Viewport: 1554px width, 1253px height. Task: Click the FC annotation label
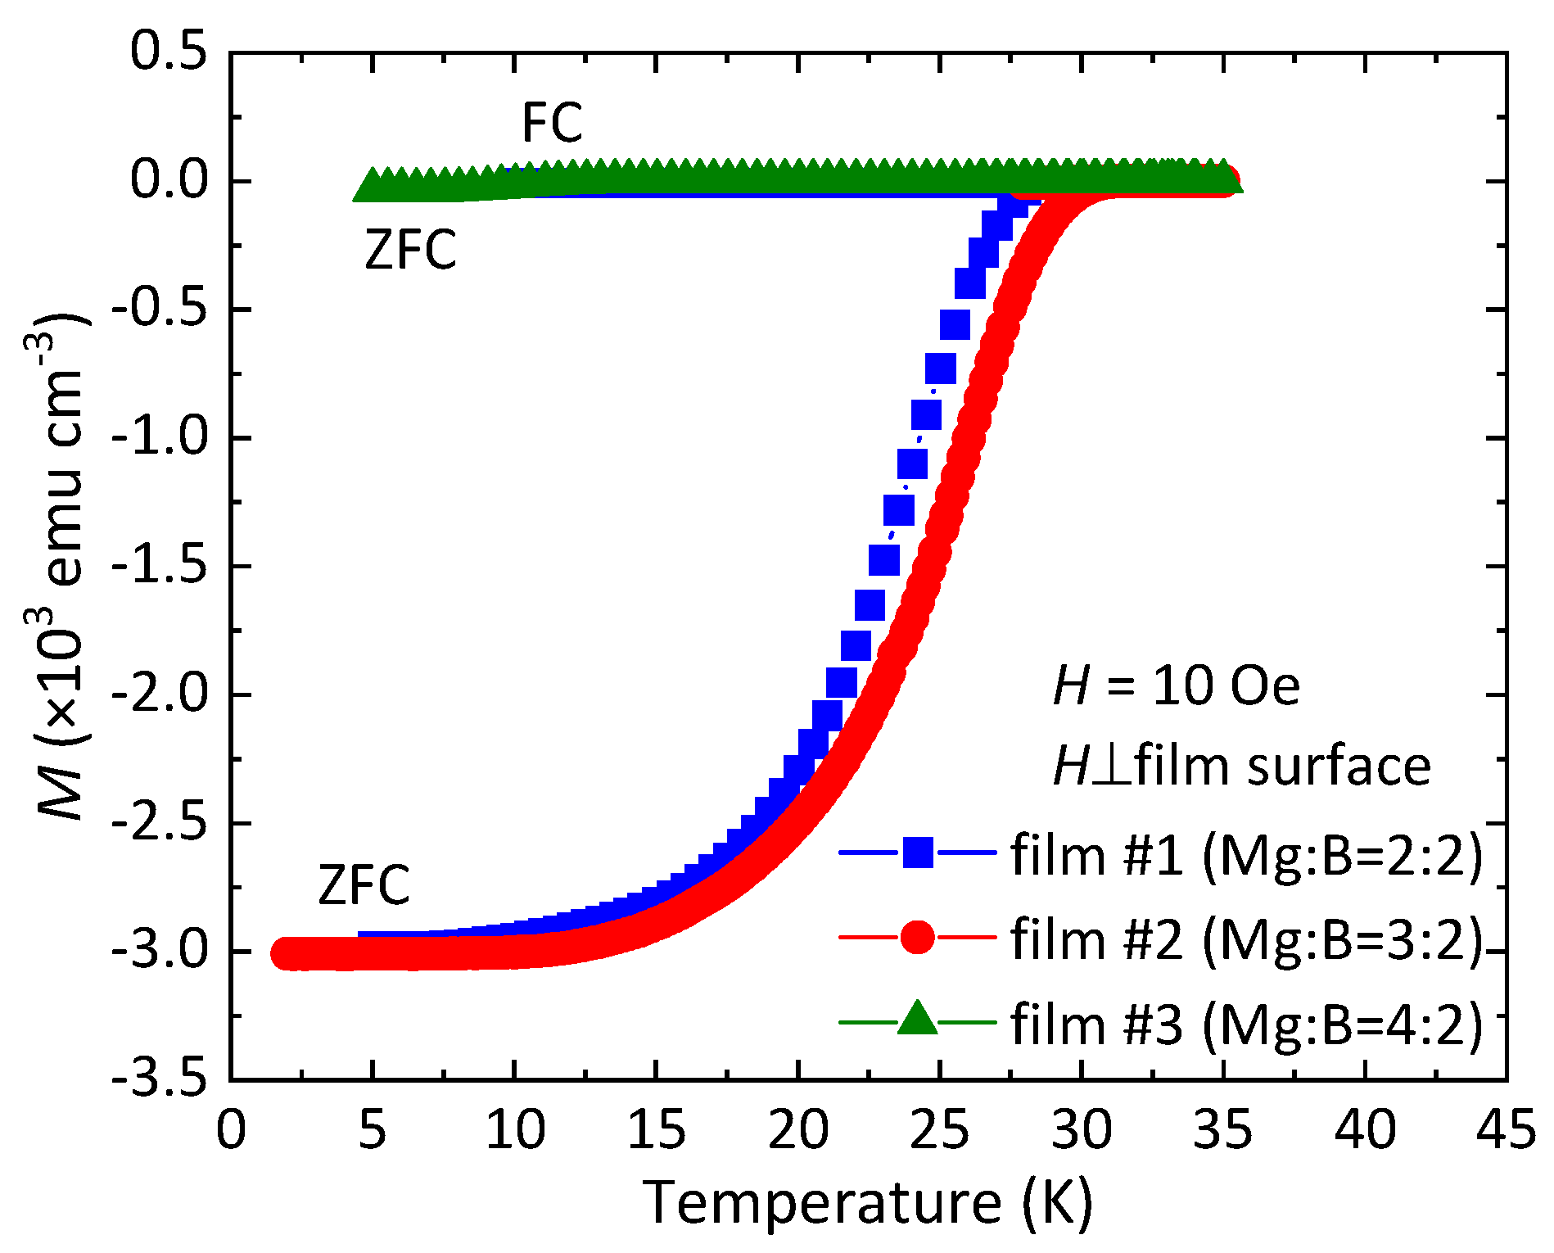[x=552, y=124]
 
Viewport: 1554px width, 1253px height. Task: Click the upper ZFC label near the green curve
[x=410, y=250]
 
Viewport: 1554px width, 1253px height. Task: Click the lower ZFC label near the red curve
[x=364, y=885]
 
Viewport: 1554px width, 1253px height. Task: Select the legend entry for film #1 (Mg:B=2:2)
[x=1246, y=855]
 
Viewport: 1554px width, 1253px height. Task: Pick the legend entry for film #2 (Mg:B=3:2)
[x=1246, y=939]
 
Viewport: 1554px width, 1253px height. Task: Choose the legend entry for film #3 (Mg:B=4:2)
[x=1246, y=1024]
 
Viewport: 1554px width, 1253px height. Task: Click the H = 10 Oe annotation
[x=1176, y=686]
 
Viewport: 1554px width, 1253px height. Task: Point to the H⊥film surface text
[x=1241, y=767]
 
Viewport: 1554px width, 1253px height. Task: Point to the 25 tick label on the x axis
[x=940, y=1131]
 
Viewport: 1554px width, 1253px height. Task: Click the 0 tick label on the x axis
[x=231, y=1131]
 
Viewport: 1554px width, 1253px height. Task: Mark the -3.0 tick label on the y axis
[x=160, y=952]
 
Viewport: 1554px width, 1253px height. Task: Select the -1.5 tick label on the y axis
[x=160, y=566]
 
